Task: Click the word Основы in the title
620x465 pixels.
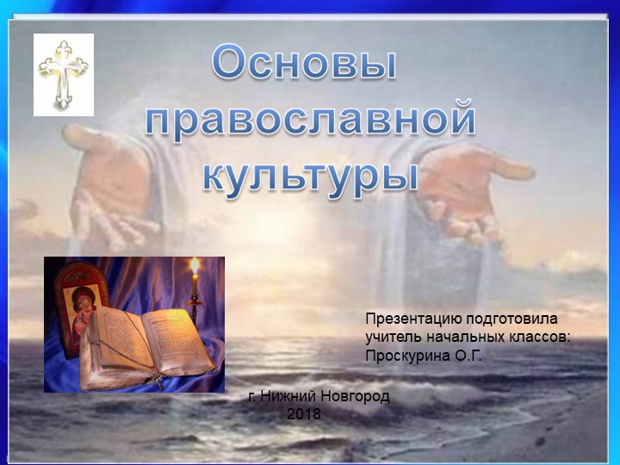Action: point(306,66)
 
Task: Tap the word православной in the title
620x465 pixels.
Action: point(310,118)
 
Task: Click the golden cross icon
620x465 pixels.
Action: point(64,74)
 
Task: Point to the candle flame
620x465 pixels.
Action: point(195,266)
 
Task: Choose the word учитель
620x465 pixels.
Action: point(392,337)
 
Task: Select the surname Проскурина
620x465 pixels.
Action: point(408,355)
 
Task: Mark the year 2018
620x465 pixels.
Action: point(304,414)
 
